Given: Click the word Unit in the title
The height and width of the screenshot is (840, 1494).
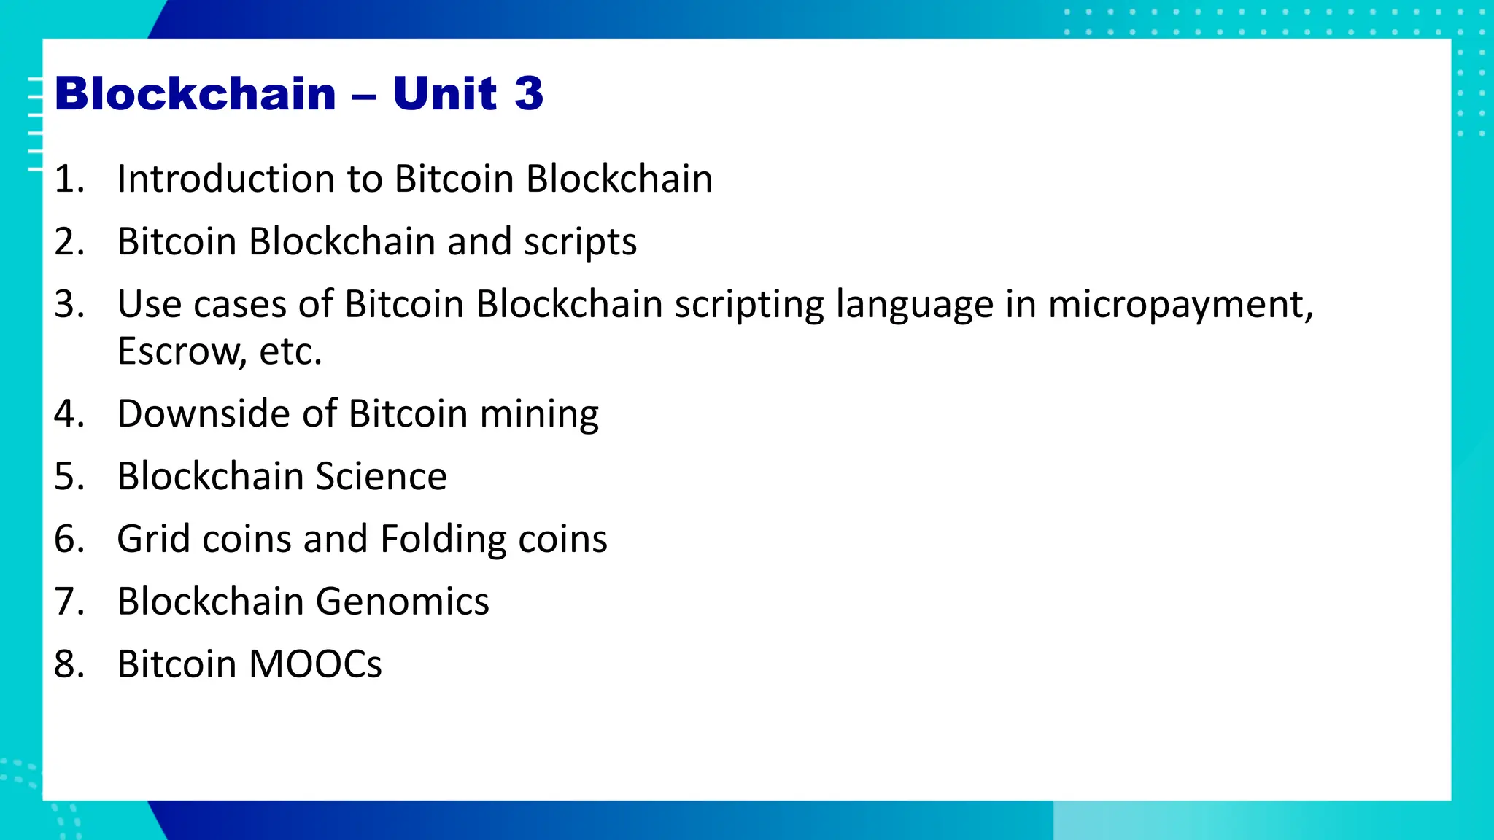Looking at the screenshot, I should pos(445,93).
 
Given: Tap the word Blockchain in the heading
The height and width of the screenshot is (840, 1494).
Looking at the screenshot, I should pos(196,93).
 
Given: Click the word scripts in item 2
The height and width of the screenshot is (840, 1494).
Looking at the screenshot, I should pos(580,242).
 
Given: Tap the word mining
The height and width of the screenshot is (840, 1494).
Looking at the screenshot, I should pos(539,414).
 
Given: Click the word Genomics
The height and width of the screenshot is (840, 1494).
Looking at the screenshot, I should pos(402,602).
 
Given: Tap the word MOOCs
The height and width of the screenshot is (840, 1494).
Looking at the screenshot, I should pos(315,664).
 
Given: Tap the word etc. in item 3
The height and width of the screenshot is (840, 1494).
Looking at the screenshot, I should pos(290,351).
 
